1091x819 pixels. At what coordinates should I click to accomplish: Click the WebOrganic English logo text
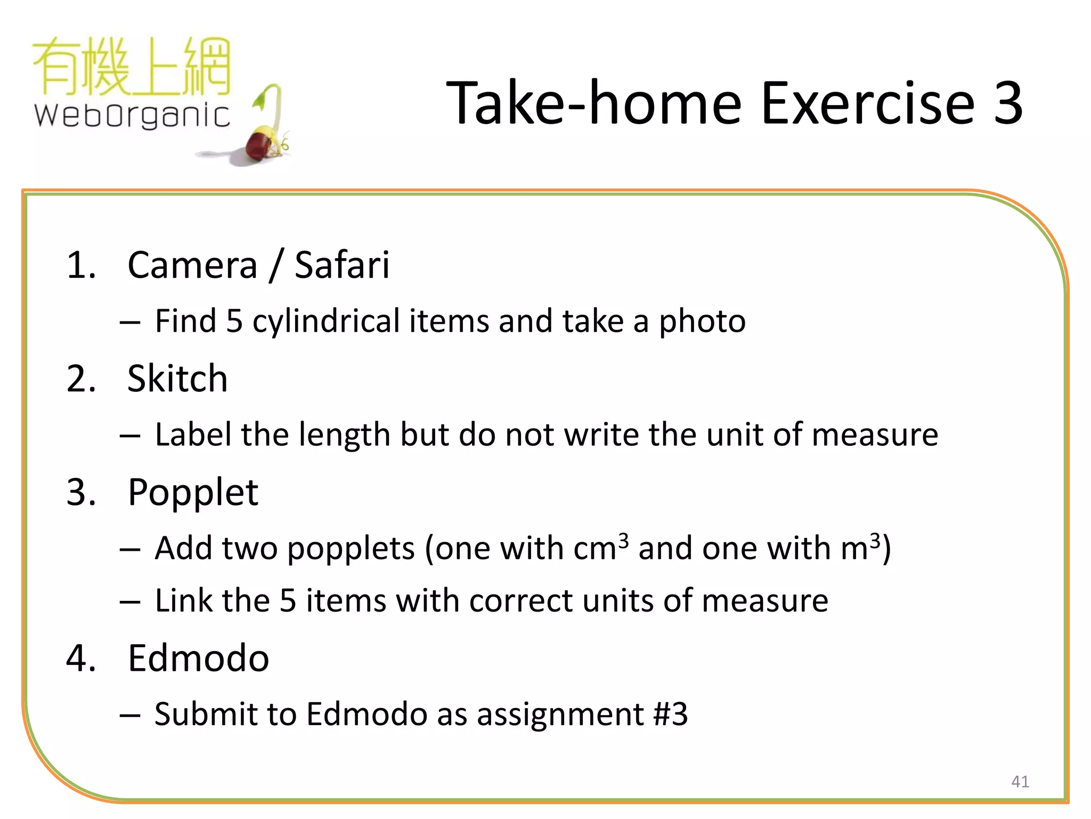coord(132,115)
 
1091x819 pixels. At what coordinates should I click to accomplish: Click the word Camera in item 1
coord(192,265)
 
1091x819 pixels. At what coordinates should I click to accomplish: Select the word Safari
coord(341,265)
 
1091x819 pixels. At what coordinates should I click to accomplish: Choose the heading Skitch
coord(177,379)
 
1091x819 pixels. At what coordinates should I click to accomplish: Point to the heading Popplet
coord(193,492)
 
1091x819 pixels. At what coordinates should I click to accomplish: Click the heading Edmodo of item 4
coord(198,658)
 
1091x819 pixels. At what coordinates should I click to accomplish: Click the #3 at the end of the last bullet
coord(670,714)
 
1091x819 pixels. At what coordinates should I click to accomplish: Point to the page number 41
coord(1020,782)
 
